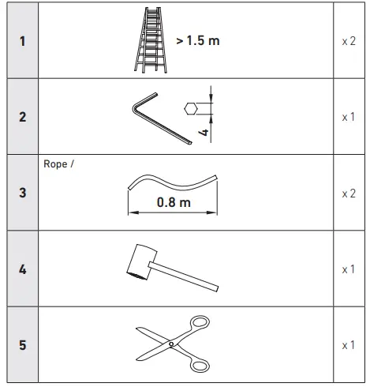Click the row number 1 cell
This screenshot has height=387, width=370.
point(21,40)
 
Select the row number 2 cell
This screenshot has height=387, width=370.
point(21,117)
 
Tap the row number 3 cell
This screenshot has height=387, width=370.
point(21,193)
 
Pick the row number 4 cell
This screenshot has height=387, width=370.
point(21,269)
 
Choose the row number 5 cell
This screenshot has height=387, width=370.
point(21,345)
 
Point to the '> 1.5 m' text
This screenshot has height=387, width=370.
point(197,40)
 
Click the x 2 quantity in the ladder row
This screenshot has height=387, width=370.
point(348,40)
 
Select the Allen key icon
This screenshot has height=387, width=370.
point(161,118)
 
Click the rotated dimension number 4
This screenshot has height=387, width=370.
point(204,133)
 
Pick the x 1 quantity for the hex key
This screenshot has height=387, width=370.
point(348,117)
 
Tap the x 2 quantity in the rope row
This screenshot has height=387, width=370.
point(348,193)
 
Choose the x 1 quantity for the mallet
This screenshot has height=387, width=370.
point(348,269)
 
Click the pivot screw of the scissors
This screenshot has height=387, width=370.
point(170,344)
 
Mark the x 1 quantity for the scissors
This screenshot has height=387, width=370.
point(348,345)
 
